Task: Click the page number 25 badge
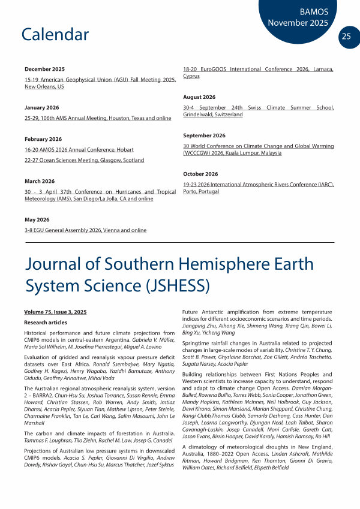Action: [x=346, y=36]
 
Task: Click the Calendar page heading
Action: [x=55, y=34]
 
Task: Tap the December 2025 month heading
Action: [x=44, y=70]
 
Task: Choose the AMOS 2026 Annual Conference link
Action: [x=79, y=149]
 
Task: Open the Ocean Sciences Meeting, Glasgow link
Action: [x=84, y=160]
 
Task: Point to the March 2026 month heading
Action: [x=40, y=180]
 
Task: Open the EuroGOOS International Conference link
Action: [x=258, y=70]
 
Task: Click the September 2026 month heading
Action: [x=204, y=135]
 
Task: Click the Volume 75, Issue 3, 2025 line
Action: [x=56, y=312]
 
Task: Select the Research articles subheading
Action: [x=46, y=323]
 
